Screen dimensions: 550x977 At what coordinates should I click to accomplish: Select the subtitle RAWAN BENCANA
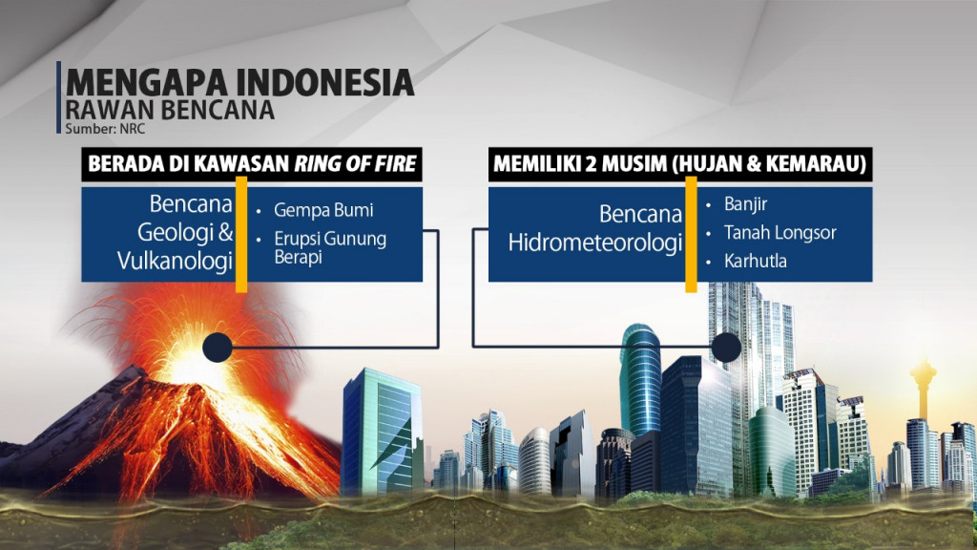170,111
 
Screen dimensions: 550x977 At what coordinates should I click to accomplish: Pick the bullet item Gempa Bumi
322,209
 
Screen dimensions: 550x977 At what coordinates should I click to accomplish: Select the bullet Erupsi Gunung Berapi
329,247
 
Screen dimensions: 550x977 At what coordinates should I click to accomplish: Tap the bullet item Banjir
745,203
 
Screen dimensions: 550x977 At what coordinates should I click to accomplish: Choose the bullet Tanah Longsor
772,232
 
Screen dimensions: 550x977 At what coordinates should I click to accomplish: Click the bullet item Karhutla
755,261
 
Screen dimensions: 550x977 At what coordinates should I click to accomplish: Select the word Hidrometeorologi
595,243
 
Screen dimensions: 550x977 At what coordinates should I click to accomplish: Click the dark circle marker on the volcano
218,348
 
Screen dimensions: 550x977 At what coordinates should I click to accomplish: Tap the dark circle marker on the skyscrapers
726,348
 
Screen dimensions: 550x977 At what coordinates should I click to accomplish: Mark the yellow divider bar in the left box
241,234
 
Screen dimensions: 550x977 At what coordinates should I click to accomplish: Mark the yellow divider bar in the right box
691,234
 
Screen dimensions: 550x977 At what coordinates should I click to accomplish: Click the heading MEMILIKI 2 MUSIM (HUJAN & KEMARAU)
679,164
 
